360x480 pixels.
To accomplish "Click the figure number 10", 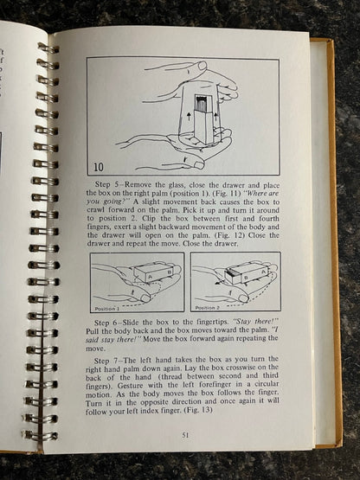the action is [x=99, y=167].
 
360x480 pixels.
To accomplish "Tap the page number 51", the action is [x=185, y=435].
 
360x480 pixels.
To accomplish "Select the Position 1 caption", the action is [x=107, y=309].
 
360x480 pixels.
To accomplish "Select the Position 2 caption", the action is [x=208, y=308].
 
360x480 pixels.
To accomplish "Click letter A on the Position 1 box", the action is [x=150, y=277].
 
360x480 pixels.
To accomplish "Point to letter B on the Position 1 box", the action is [x=169, y=272].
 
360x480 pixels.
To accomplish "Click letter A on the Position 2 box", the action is [x=263, y=271].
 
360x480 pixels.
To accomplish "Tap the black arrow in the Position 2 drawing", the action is [x=221, y=281].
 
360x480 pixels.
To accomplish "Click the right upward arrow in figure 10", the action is [x=215, y=116].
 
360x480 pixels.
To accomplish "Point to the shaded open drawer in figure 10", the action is [x=202, y=105].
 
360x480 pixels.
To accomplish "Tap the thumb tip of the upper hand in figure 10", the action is [x=202, y=66].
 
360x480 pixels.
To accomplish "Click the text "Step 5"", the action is [x=106, y=185].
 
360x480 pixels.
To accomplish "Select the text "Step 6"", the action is [x=106, y=323].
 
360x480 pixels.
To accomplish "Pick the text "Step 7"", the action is [x=106, y=360].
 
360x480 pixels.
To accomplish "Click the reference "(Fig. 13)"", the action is [x=198, y=410].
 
